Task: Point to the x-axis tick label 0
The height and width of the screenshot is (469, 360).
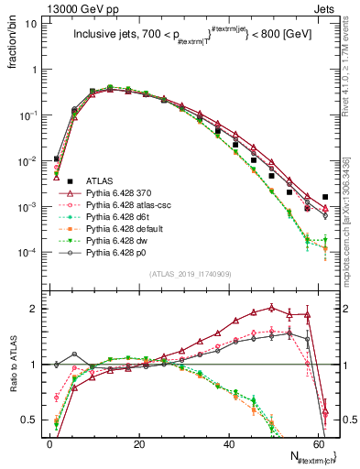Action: coord(49,443)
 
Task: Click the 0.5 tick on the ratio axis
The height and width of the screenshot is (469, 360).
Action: coord(28,420)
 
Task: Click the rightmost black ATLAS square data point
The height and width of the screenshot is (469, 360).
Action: coord(326,197)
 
